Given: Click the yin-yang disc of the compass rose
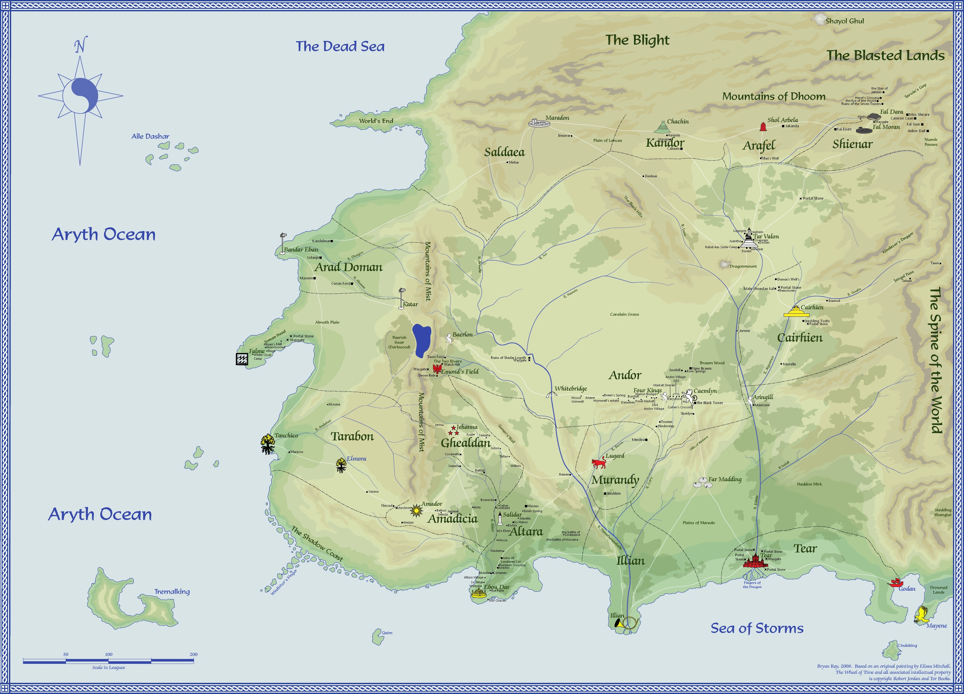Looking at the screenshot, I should click(80, 96).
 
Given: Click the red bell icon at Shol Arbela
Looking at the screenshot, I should click(763, 126).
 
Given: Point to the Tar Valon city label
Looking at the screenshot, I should click(766, 236).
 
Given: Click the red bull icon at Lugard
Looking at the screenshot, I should click(599, 463).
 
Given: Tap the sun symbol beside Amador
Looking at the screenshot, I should click(417, 509).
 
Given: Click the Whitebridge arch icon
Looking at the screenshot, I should click(551, 394).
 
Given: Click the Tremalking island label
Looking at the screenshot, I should click(172, 591).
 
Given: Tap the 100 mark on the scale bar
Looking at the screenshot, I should click(109, 655).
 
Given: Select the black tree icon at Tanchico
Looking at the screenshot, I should click(268, 444).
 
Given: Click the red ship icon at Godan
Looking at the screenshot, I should click(895, 582).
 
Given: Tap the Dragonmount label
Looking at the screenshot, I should click(743, 267).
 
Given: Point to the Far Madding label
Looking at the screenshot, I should click(725, 479).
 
